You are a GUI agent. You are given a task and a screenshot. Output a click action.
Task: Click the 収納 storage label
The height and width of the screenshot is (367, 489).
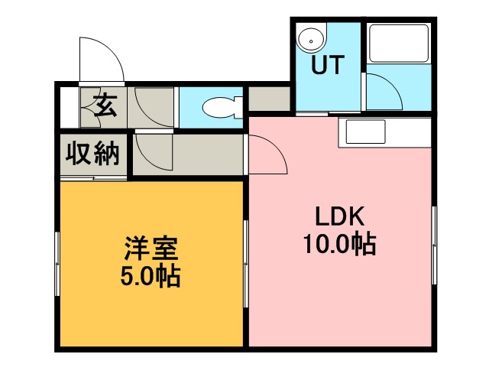pos(92,155)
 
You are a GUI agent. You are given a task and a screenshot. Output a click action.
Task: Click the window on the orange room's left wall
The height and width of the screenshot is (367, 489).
pos(57,264)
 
